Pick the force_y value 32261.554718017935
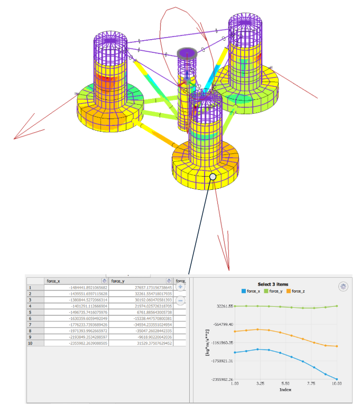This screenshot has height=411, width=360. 141,294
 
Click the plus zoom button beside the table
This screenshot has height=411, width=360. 180,286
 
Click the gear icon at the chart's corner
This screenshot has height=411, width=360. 343,286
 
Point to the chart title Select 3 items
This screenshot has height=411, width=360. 273,284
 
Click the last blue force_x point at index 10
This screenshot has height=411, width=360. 337,379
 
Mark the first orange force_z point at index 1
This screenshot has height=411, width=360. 234,332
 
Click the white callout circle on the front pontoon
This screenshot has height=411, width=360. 213,177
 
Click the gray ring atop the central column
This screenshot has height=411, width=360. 187,52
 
